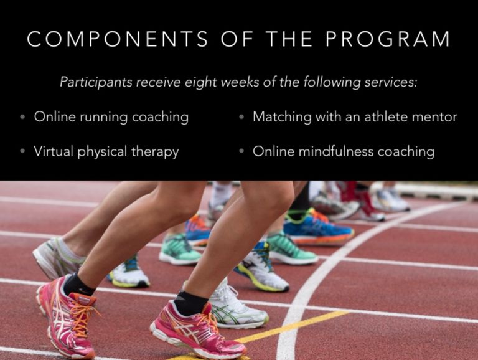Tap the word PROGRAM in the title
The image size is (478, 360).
(388, 39)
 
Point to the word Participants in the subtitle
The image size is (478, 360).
(96, 82)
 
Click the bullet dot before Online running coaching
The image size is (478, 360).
(22, 117)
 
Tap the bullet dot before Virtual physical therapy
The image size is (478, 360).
(22, 151)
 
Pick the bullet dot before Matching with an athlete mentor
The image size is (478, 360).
(241, 117)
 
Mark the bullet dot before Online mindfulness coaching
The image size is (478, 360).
(241, 151)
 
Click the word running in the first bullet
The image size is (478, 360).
(104, 118)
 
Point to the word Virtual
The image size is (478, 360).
(54, 151)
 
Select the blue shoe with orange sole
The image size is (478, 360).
(318, 228)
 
